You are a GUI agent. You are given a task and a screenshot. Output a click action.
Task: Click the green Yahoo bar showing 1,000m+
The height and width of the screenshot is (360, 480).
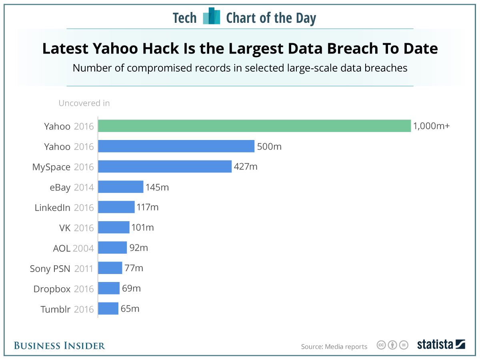254,126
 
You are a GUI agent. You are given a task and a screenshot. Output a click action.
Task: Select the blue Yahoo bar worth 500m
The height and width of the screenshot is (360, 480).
176,146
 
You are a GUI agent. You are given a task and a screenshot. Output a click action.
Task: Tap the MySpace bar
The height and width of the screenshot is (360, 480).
165,166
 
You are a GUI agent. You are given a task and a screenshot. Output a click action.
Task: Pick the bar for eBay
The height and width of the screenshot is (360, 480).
120,187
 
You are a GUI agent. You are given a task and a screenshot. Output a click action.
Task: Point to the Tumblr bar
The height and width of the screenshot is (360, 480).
108,309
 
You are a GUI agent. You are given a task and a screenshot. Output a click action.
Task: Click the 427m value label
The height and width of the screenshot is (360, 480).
246,166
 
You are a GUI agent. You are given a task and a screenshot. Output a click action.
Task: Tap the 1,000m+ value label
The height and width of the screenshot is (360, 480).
431,126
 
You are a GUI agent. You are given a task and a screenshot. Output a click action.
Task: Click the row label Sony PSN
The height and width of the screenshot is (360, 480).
50,268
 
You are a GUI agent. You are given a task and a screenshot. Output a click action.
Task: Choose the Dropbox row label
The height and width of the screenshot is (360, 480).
52,289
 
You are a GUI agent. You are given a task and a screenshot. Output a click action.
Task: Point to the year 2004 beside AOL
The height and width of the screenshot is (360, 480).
83,248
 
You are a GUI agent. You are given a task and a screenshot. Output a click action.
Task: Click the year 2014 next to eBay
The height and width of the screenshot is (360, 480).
84,187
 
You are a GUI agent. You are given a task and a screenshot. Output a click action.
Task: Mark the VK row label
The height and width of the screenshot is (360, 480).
65,228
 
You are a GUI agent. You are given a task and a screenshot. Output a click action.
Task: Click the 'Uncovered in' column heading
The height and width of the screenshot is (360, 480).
84,103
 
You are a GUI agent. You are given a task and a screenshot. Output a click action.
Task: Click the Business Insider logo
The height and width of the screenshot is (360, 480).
59,346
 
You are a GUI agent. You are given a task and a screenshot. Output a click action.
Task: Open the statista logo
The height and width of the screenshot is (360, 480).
441,344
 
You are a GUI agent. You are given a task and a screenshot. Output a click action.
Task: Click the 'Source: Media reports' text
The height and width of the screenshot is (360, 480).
334,346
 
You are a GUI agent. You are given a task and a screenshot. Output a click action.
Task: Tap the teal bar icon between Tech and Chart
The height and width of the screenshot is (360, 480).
212,16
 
